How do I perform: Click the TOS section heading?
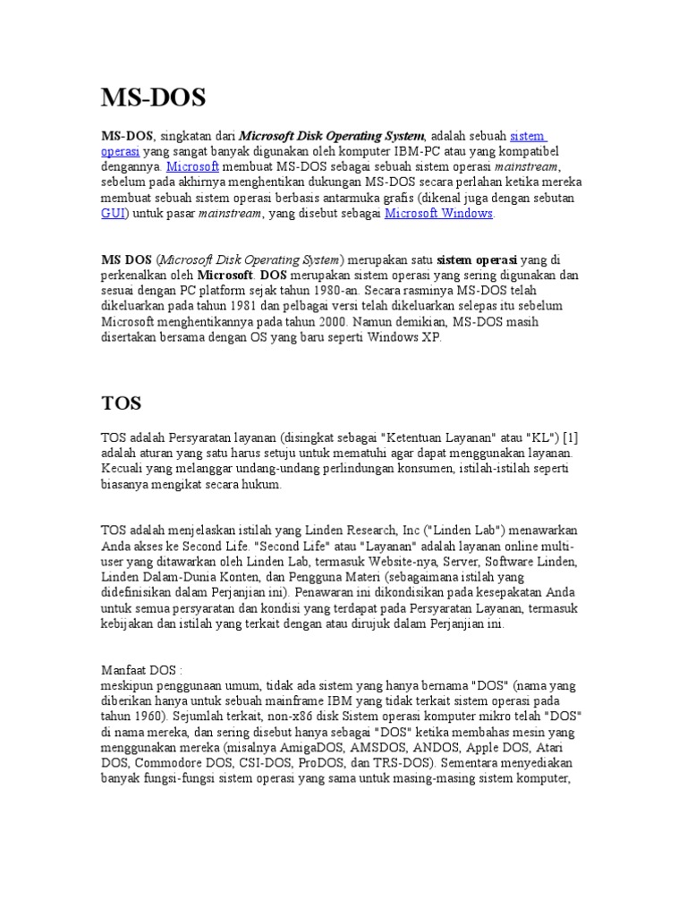[121, 403]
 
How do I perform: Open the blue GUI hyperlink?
[112, 214]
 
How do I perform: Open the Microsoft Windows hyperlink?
[438, 214]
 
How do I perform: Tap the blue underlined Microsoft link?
[192, 166]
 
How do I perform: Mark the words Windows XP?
[408, 338]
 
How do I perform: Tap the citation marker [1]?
[570, 437]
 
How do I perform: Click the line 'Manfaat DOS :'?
[141, 670]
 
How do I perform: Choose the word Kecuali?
[123, 469]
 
